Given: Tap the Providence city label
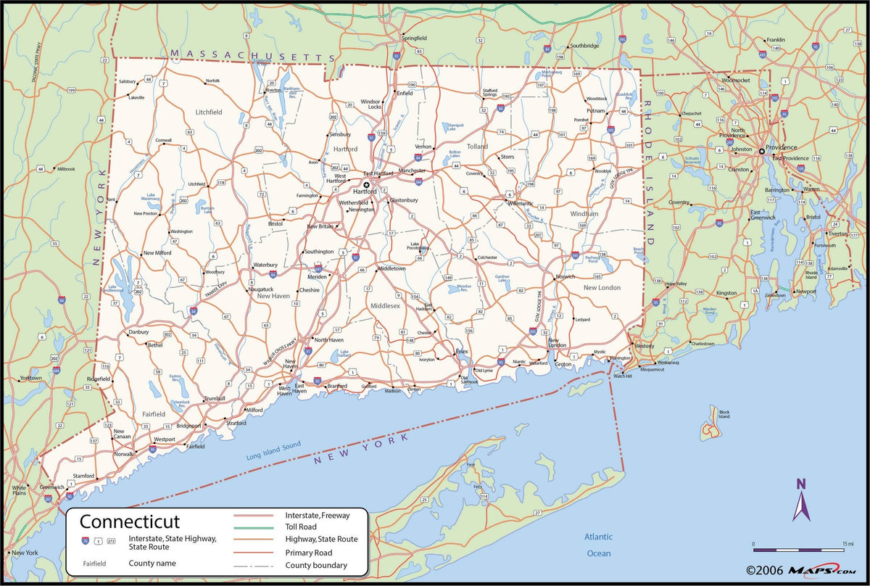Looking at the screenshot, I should (x=781, y=147).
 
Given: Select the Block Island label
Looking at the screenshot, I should (x=724, y=414).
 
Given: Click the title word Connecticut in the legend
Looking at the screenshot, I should (x=129, y=521).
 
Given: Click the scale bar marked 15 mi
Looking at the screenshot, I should (x=797, y=548).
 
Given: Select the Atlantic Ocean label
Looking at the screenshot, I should (x=599, y=545).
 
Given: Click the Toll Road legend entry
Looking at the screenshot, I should (x=302, y=527).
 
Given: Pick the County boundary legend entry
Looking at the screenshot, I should (x=316, y=565).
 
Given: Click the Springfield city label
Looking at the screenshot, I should (x=414, y=37).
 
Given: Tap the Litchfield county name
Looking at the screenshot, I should (x=209, y=112).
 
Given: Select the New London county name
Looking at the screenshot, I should (x=602, y=288).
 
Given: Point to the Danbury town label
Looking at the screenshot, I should (x=138, y=331).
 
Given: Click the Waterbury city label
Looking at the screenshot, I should (x=265, y=265).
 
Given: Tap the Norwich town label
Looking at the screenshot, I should (x=565, y=276).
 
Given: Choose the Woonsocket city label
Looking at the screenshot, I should (x=735, y=80).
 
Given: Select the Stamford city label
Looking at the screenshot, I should (x=84, y=476).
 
